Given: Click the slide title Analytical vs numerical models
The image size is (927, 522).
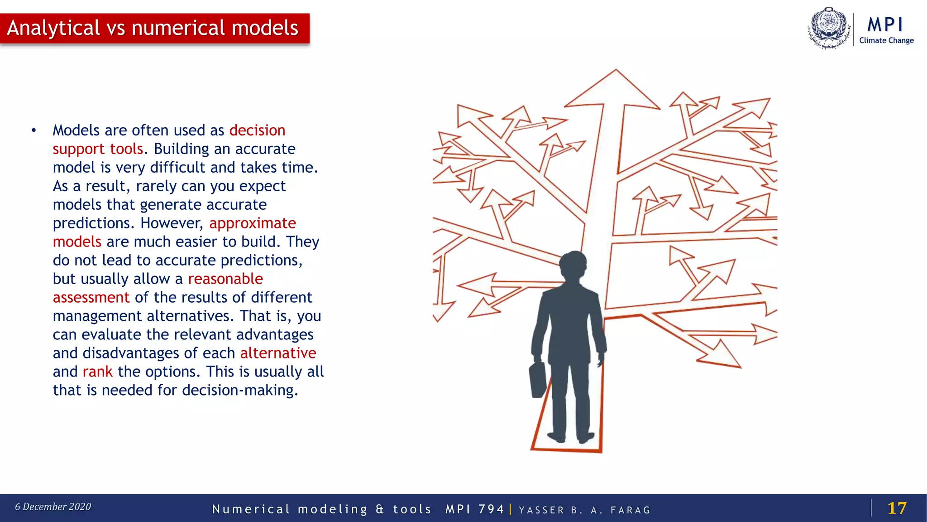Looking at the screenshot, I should pos(153,28).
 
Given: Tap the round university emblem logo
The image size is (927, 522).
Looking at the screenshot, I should pos(829,28).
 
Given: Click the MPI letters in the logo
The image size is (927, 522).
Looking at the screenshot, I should pos(885,24).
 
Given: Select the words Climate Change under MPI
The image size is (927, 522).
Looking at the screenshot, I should pos(886,40).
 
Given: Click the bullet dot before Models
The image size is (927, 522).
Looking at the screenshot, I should pos(33,130).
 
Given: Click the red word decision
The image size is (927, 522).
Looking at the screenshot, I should pos(257,130).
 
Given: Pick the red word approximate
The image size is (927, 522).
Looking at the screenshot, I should pos(252,223).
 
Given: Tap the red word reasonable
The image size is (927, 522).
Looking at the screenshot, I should pos(225,279).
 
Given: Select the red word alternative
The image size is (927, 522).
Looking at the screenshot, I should pos(278,353).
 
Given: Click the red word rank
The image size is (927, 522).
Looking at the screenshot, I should pos(97,372).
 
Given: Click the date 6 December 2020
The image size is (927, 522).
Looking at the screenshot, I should pos(53,507).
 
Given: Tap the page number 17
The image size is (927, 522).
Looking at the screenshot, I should pos(897,508).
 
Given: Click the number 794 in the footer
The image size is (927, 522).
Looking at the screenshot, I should pos(491,509).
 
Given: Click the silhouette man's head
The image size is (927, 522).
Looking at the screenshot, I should pos(573,265).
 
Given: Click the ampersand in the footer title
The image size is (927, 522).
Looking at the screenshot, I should pos(380,509).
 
